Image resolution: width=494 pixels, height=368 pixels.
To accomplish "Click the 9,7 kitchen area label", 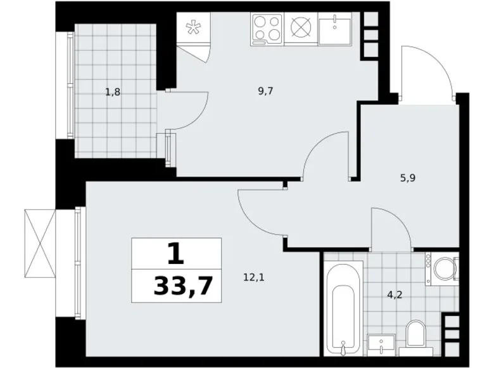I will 265,91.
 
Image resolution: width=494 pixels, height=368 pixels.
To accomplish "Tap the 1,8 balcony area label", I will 113,91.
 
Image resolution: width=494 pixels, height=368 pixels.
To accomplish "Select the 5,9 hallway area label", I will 408,179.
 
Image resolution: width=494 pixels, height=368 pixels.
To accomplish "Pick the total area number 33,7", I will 182,288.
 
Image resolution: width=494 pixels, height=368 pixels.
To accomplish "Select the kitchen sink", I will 334,29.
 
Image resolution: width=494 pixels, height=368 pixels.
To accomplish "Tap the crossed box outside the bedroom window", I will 40,242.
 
